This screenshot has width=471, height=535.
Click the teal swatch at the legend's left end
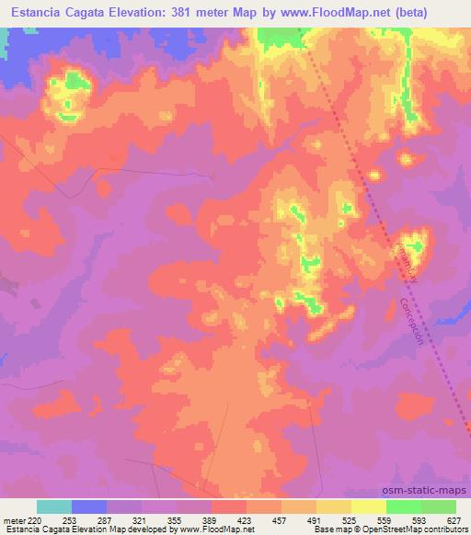(x=54, y=507)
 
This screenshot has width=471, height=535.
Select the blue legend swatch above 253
(x=89, y=507)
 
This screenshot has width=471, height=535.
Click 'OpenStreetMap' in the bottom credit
(x=401, y=529)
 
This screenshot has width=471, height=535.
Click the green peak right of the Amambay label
(x=416, y=245)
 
